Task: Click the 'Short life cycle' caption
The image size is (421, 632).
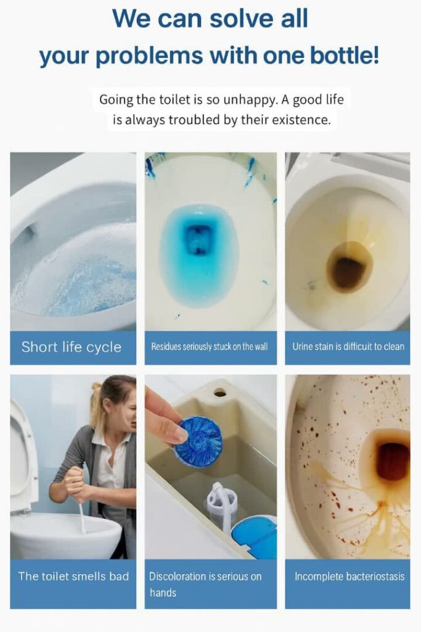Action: [x=72, y=347]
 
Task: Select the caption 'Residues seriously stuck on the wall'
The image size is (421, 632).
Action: [x=210, y=347]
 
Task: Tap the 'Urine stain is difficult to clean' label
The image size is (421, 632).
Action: [x=348, y=347]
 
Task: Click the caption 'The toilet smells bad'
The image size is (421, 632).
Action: [x=73, y=576]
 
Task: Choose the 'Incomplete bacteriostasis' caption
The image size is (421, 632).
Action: [x=349, y=576]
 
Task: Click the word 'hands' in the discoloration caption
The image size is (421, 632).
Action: [x=163, y=592]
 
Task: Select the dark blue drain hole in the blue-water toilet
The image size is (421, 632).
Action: [x=199, y=239]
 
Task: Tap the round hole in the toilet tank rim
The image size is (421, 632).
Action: [x=220, y=391]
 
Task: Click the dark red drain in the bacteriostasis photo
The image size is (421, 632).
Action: [x=393, y=462]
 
